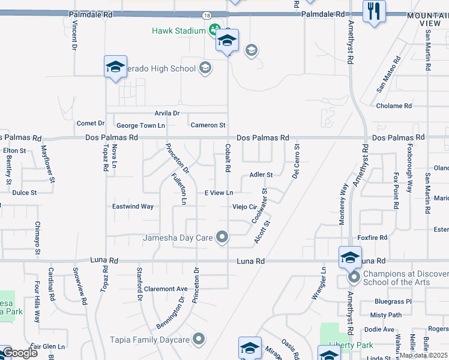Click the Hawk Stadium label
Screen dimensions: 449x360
[179, 30]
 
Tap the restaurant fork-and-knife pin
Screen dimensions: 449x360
[374, 11]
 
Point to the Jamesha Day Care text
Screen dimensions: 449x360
[178, 238]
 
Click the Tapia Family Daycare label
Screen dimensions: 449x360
[149, 340]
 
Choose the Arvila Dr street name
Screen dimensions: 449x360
[167, 113]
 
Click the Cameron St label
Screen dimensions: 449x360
[208, 125]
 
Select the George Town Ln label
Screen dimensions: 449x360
[140, 125]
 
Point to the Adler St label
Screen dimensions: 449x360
[261, 175]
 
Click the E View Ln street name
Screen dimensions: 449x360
[218, 193]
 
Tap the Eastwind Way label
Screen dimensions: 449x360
[133, 206]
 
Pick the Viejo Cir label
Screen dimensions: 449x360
[245, 207]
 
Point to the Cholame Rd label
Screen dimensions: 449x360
[394, 106]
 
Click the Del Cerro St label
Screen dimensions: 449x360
[296, 161]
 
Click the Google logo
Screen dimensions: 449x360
[20, 353]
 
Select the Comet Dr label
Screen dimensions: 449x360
[91, 123]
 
